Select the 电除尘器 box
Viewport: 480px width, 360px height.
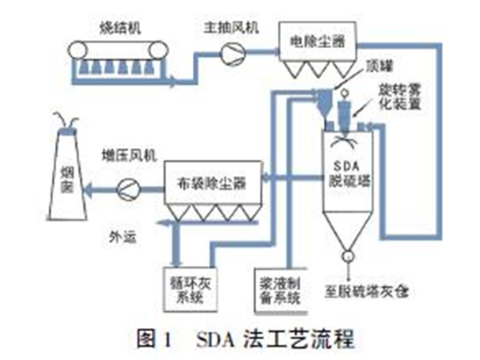[x=317, y=38]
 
